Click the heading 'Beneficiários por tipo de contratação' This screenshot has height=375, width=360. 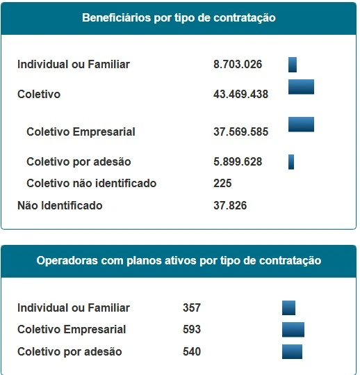[179, 18]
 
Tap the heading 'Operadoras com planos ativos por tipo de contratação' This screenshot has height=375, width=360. [179, 260]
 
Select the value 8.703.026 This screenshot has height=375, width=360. [238, 64]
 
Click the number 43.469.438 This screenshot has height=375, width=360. [240, 94]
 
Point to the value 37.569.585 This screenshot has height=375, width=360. [240, 131]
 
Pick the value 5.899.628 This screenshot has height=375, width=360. [238, 161]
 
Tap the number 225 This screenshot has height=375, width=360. [222, 184]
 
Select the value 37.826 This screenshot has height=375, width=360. [230, 205]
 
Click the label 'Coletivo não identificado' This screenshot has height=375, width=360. [92, 184]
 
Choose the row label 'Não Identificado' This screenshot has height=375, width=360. [60, 205]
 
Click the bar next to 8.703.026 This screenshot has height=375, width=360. [293, 65]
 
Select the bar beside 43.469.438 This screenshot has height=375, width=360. [301, 87]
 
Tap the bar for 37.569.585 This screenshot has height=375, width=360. [301, 125]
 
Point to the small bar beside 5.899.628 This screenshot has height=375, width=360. [291, 162]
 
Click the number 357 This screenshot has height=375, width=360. [192, 308]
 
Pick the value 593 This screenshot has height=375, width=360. [192, 330]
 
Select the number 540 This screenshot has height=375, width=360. [192, 351]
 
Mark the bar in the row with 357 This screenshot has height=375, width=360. [288, 308]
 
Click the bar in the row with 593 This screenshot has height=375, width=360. [293, 330]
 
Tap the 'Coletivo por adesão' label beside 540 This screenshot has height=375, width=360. [69, 352]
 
